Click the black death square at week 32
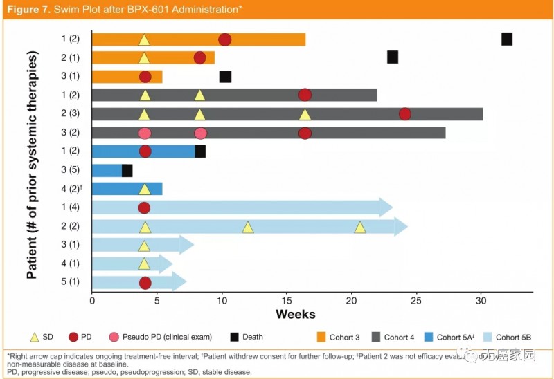[507, 39]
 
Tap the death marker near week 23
[393, 57]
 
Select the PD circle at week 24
[405, 113]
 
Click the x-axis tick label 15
[287, 301]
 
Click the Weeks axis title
[296, 315]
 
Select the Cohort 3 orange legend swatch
[321, 338]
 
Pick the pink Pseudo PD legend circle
[114, 338]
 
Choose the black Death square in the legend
[235, 338]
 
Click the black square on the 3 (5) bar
[127, 170]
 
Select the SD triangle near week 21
[360, 227]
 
